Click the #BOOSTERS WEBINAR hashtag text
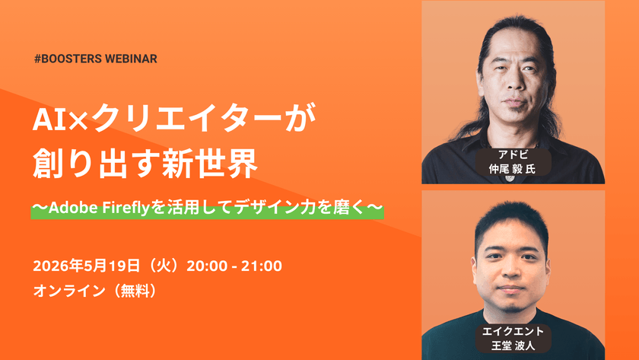(96, 59)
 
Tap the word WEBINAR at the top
(131, 59)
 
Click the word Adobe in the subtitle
(73, 208)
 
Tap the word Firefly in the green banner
(126, 209)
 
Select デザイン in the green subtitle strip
(266, 208)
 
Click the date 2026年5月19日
(87, 266)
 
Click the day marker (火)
(164, 266)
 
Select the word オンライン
(69, 291)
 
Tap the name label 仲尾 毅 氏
(512, 169)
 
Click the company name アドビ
(513, 155)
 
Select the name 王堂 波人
(513, 346)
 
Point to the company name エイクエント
(513, 331)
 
